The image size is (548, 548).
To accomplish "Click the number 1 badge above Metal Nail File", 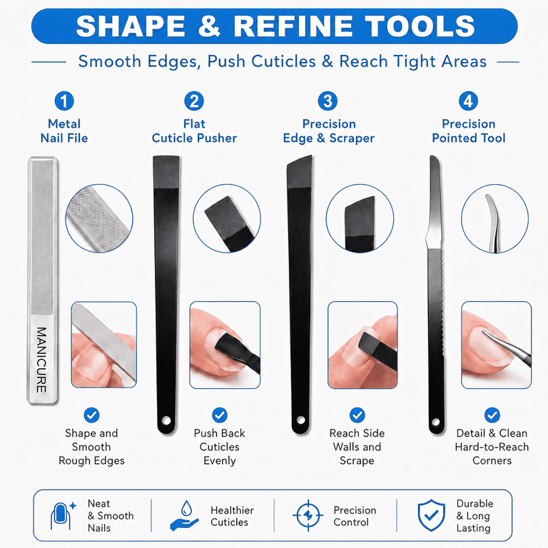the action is pyautogui.click(x=64, y=101).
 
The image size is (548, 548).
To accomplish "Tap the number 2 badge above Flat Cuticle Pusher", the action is pyautogui.click(x=194, y=101).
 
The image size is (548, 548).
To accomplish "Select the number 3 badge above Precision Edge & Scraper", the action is pyautogui.click(x=328, y=101).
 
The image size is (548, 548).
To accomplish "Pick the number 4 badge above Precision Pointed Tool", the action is pyautogui.click(x=468, y=101).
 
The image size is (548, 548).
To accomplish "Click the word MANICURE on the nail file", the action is pyautogui.click(x=41, y=360).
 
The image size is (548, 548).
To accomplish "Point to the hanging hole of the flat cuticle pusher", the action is pyautogui.click(x=166, y=420).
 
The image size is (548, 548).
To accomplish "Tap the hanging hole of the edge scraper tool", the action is pyautogui.click(x=300, y=420).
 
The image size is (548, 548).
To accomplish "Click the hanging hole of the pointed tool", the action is pyautogui.click(x=436, y=422).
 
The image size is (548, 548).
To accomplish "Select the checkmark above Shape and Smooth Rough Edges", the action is pyautogui.click(x=91, y=415).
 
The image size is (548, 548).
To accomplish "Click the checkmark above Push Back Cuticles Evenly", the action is pyautogui.click(x=220, y=415).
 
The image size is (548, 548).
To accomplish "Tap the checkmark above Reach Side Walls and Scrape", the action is pyautogui.click(x=357, y=415).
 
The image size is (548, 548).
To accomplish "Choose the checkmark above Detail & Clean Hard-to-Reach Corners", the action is pyautogui.click(x=492, y=415).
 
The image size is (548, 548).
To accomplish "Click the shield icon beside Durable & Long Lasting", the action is pyautogui.click(x=432, y=515).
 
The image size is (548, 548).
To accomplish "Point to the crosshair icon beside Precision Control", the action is pyautogui.click(x=308, y=515).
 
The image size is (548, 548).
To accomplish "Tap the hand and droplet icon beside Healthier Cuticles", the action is pyautogui.click(x=185, y=516).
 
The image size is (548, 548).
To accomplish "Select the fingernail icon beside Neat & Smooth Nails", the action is pyautogui.click(x=63, y=516).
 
